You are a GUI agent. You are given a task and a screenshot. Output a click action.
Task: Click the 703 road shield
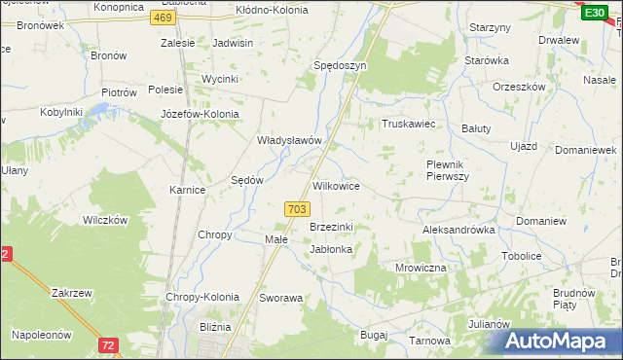click(298, 209)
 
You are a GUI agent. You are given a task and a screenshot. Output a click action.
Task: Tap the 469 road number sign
click(165, 18)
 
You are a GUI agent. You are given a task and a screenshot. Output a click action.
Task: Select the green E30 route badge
click(593, 12)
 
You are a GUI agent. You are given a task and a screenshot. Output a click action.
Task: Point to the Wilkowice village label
click(336, 185)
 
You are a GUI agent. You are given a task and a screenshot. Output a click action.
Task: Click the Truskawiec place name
click(406, 125)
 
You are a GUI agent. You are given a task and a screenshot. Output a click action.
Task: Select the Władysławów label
click(288, 140)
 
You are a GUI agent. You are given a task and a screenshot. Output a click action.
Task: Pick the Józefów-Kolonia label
click(200, 113)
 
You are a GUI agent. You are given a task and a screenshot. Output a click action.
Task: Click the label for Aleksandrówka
click(458, 231)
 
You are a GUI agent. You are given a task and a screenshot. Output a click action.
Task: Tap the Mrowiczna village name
click(421, 267)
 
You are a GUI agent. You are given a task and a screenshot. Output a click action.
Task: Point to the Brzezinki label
click(331, 227)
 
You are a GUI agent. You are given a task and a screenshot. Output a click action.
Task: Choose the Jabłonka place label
click(331, 249)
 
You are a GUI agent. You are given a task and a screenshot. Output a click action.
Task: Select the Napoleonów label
click(42, 334)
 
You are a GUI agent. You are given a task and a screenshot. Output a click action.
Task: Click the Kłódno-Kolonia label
click(272, 10)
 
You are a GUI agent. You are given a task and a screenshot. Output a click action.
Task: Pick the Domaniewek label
click(586, 151)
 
